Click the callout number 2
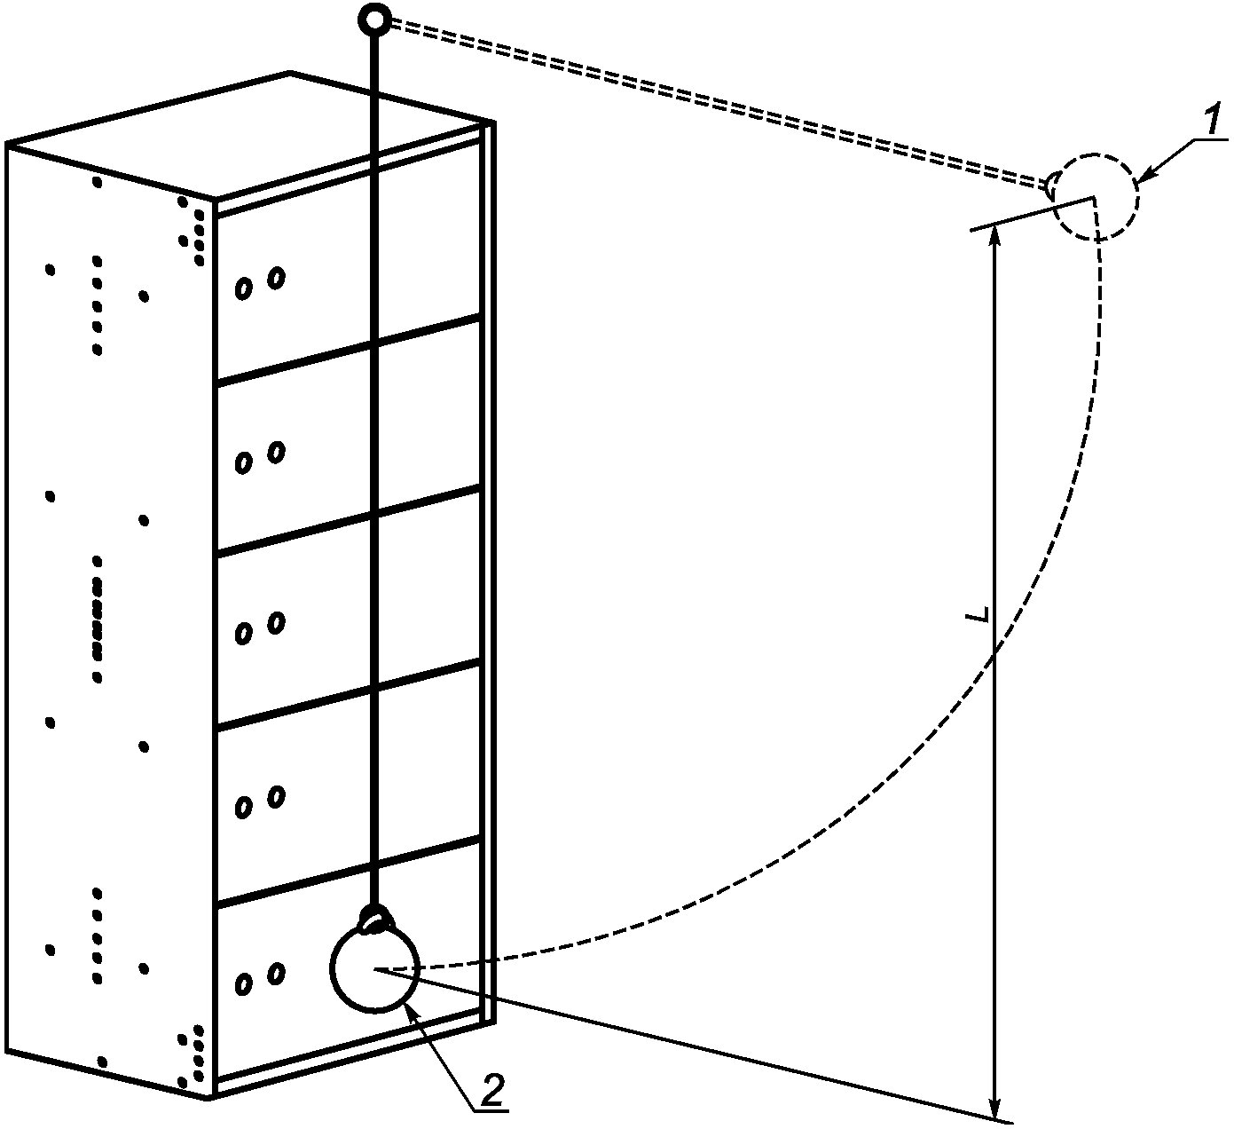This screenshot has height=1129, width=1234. [493, 1088]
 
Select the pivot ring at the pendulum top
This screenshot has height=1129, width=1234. [374, 18]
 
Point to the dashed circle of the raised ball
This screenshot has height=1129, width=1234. [1096, 197]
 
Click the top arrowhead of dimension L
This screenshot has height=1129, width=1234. [995, 235]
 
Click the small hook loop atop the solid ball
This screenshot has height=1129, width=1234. [376, 920]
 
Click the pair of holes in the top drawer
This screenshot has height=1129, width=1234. [259, 283]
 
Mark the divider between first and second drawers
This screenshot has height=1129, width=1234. [348, 350]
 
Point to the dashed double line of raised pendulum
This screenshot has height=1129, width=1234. [710, 99]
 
